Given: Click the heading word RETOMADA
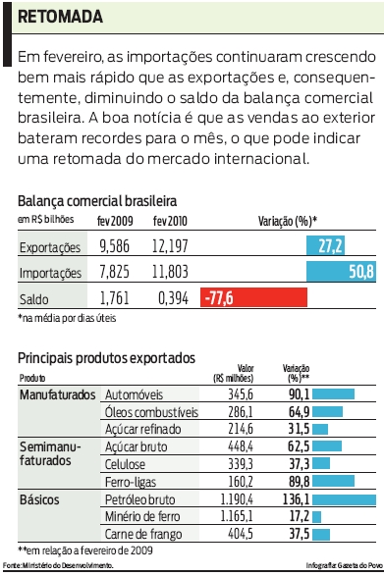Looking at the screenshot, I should [59, 18].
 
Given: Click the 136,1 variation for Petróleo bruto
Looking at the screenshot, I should [296, 499].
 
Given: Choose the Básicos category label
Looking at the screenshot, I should [39, 499].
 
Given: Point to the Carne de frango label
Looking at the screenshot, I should [142, 535].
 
